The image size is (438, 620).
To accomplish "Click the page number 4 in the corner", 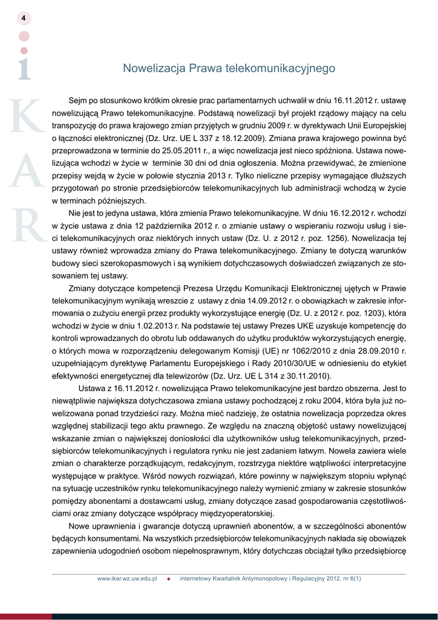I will coord(23,18).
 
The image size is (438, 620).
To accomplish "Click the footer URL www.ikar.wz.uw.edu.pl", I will coord(127,579).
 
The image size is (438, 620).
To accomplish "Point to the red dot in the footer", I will coord(169,579).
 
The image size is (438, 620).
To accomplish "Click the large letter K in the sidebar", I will coord(27,114).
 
